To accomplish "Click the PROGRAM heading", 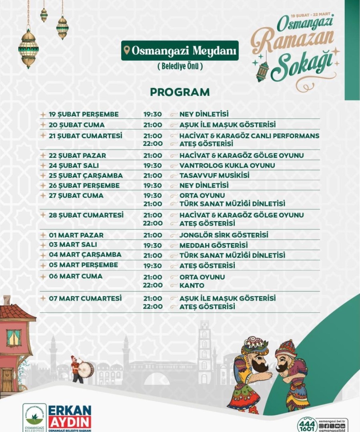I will [x=180, y=92].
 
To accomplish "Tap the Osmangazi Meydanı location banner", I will [x=180, y=51].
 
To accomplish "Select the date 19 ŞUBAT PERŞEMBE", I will [x=84, y=114].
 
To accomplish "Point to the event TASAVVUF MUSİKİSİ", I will [x=214, y=176].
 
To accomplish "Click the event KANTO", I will [x=192, y=286].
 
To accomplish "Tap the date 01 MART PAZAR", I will [x=76, y=235].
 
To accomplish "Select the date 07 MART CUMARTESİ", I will [x=85, y=298].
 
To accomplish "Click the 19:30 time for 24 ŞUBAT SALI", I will [x=153, y=166].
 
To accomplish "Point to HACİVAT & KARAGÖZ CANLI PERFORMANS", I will [x=249, y=136].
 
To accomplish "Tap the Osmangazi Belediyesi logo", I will [x=34, y=417].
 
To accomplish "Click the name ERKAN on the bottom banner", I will [x=70, y=411].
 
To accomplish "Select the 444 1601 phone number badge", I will [x=307, y=424].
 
